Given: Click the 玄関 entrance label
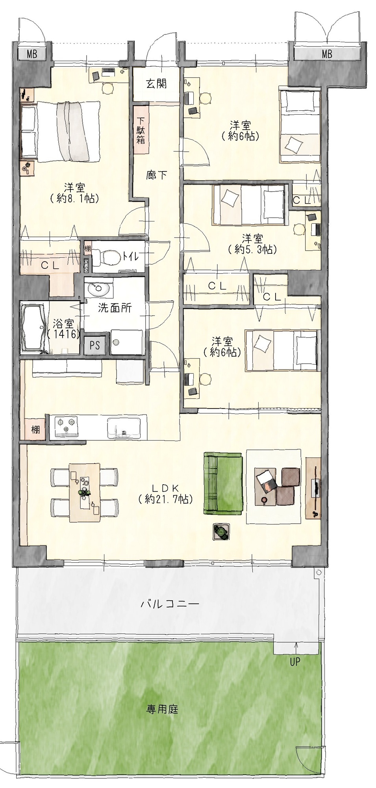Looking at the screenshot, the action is click(x=156, y=84).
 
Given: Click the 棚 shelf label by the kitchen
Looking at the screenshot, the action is click(x=35, y=429).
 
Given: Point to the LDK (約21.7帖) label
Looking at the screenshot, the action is click(x=166, y=493).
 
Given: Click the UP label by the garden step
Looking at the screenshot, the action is click(x=295, y=662).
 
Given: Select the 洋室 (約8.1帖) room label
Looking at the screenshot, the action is click(x=74, y=193).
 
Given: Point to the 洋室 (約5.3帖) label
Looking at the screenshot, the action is click(x=252, y=243).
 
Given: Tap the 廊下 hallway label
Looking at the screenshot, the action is click(x=157, y=175).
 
